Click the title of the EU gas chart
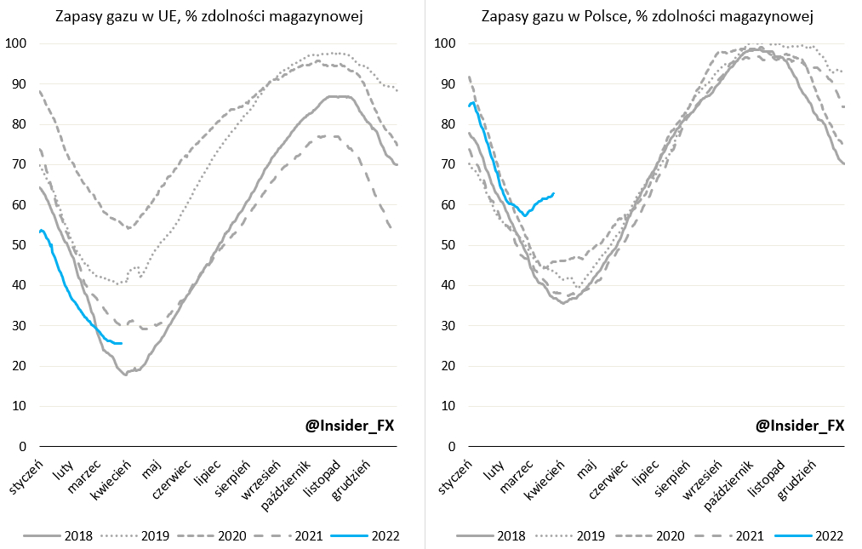209,16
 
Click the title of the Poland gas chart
647,16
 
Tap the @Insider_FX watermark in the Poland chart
799,426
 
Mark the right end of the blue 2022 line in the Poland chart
554,194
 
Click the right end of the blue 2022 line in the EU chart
122,343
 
